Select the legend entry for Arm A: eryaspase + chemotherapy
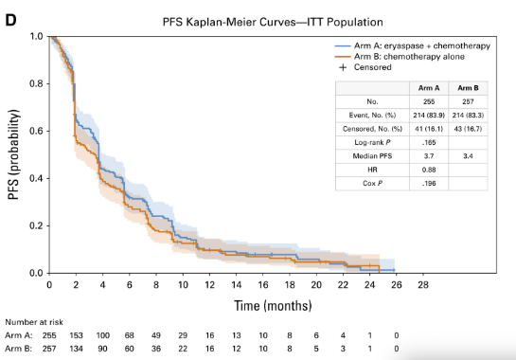[x=415, y=45]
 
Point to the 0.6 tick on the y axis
[x=36, y=131]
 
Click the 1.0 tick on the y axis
[x=36, y=36]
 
